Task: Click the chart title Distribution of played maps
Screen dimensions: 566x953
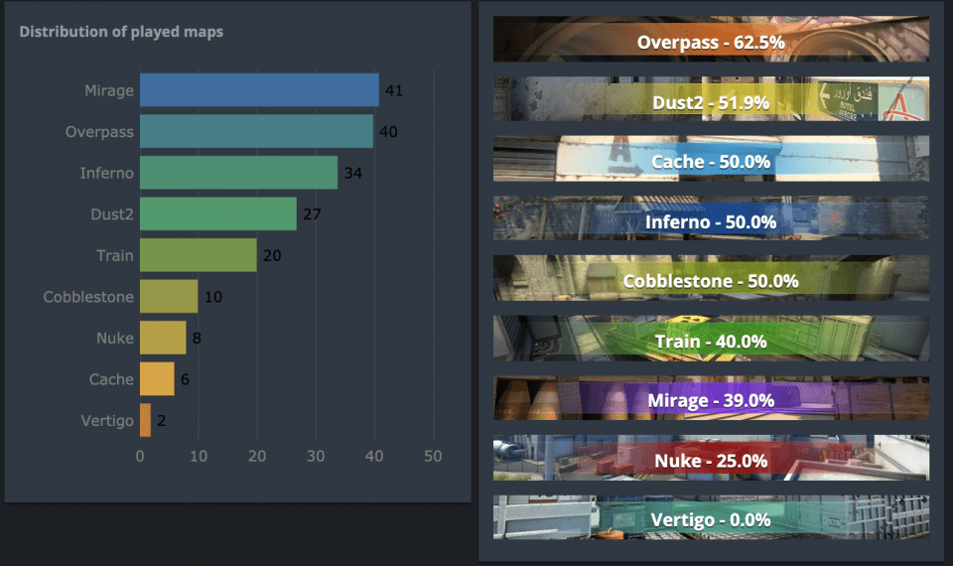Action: click(121, 32)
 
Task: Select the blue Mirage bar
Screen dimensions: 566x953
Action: click(259, 90)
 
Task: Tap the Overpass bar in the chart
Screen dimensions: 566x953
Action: click(256, 131)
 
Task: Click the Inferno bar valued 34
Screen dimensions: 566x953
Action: click(238, 173)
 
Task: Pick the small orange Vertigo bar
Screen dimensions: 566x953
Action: click(145, 420)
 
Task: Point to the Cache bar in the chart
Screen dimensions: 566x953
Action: click(157, 378)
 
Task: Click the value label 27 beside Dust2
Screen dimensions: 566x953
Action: click(312, 213)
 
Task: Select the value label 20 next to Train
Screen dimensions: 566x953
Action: click(272, 255)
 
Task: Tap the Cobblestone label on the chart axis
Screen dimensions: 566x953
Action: click(88, 297)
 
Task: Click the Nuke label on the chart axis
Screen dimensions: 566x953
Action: click(114, 338)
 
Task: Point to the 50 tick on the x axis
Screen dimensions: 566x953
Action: click(433, 457)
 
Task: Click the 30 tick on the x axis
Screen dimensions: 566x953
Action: click(316, 457)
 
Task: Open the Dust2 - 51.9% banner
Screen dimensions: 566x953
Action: click(711, 100)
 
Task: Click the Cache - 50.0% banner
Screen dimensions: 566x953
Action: click(711, 161)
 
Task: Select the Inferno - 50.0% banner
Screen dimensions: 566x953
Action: click(711, 220)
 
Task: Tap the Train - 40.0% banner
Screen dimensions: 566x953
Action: click(711, 341)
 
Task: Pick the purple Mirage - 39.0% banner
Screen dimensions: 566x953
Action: click(711, 400)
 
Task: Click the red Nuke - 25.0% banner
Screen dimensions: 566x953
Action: click(711, 460)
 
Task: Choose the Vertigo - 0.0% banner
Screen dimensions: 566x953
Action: click(711, 519)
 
